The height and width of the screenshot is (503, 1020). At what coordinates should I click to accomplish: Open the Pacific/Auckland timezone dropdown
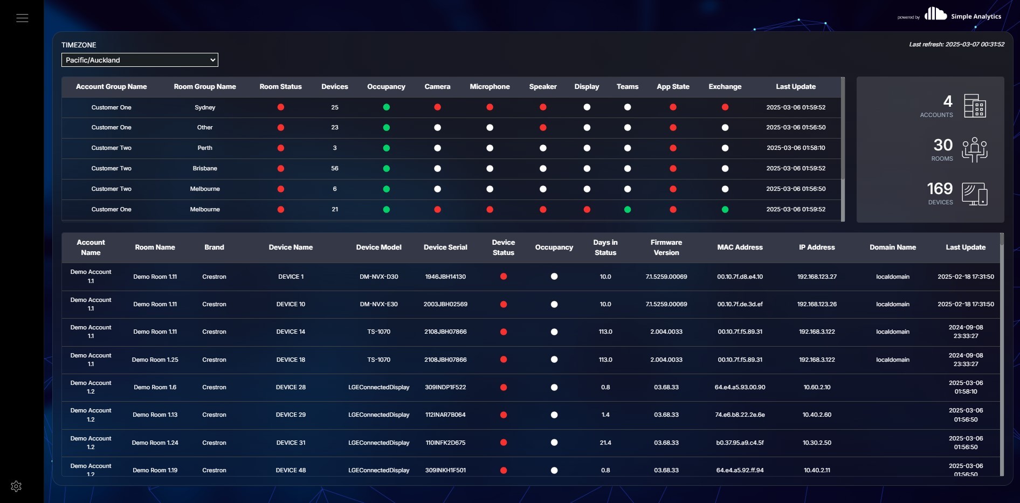point(140,60)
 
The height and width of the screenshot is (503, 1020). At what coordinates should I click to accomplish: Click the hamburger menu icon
point(22,18)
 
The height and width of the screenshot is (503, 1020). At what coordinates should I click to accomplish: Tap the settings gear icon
point(16,486)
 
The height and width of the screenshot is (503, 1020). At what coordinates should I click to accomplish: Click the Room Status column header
point(280,87)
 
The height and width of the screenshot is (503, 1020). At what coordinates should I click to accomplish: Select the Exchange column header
point(725,87)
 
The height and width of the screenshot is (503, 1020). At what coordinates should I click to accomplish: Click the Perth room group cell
point(205,148)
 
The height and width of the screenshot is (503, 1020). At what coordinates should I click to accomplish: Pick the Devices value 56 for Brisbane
point(335,168)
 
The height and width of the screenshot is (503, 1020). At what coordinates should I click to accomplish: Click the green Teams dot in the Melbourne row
point(628,209)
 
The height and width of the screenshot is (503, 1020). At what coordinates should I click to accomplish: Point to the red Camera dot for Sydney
point(437,107)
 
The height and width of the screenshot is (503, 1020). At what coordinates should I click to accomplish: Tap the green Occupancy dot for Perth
point(386,148)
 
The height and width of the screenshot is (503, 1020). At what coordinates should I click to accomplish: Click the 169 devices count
point(940,189)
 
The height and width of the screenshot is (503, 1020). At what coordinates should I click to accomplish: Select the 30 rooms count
point(943,145)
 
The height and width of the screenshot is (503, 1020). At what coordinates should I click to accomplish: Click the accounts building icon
point(975,106)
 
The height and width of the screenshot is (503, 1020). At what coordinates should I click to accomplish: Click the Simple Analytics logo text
point(976,17)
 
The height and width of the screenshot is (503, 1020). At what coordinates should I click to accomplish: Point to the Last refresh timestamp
point(956,44)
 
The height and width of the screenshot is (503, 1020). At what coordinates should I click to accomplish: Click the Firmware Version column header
point(666,247)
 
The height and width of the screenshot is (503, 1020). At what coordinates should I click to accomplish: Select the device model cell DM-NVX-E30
point(378,304)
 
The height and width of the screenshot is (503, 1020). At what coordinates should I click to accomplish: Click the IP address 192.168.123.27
point(817,277)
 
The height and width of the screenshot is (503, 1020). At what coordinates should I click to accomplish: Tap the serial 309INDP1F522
point(445,387)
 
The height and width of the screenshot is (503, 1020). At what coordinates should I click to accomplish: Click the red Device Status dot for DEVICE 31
point(504,443)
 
